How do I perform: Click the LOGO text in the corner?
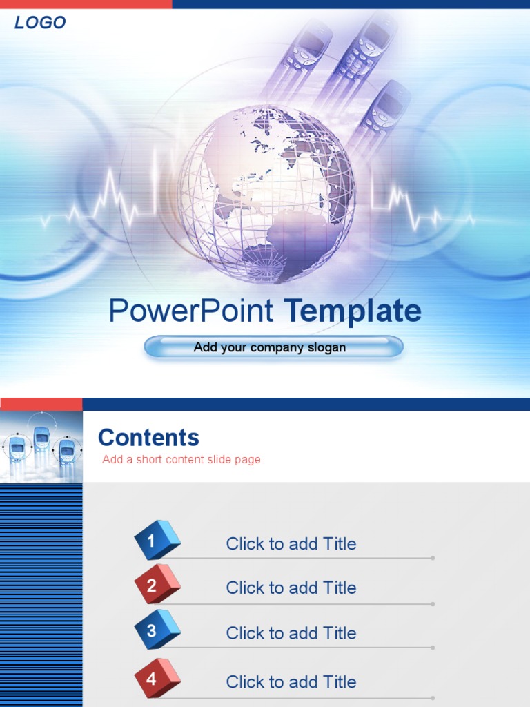(x=40, y=23)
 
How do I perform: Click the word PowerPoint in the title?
(x=191, y=311)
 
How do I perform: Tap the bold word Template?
(x=352, y=311)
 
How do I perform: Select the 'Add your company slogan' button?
(x=273, y=347)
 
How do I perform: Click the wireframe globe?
(x=267, y=194)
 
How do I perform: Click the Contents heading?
(x=148, y=438)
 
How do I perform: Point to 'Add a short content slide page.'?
(x=183, y=460)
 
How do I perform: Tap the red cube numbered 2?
(x=157, y=584)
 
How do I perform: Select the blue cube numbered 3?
(x=157, y=629)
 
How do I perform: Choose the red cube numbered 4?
(x=157, y=677)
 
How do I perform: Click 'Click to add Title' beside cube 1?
(x=291, y=544)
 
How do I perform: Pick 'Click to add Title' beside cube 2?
(x=291, y=588)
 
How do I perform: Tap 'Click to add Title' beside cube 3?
(x=291, y=633)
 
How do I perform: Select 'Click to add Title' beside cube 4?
(x=291, y=682)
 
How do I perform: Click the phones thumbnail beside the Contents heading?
(x=41, y=447)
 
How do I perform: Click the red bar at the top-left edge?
(x=86, y=4)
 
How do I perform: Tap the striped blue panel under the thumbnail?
(x=41, y=594)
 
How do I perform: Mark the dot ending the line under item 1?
(x=433, y=558)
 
